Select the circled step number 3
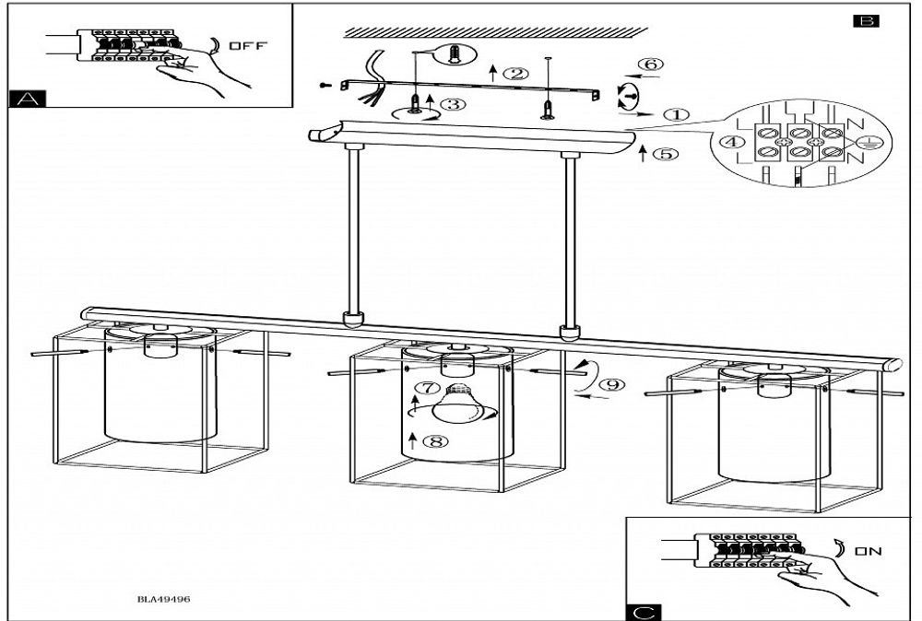(x=452, y=104)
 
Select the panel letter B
(x=866, y=20)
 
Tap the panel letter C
(x=643, y=612)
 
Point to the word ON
(x=867, y=552)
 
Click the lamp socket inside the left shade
(x=159, y=347)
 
